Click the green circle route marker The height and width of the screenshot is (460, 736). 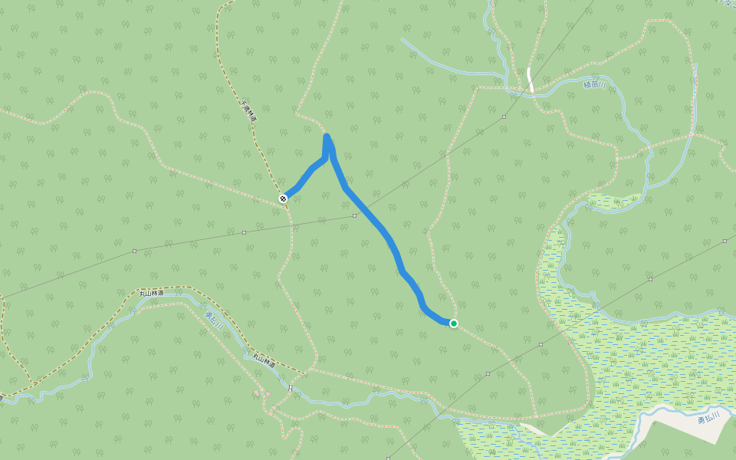coord(454,324)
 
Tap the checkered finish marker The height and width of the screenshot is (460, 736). coord(284,199)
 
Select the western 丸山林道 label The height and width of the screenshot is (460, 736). coord(152,292)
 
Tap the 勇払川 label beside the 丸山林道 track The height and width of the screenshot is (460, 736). coord(214,320)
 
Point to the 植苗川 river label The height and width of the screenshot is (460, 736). coord(594,84)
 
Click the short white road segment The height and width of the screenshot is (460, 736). coord(530,80)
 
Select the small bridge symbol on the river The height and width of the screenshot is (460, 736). coord(291,389)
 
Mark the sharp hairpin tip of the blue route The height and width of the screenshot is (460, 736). coord(327,137)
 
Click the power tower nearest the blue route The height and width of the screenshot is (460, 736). coord(354,216)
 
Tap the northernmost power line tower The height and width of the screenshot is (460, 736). coord(504,117)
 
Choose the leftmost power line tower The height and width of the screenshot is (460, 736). coord(134,251)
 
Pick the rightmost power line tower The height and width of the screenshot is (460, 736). coord(724,241)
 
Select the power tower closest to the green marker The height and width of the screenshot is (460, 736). coord(488,374)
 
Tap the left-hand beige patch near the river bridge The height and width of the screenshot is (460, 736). coord(256,393)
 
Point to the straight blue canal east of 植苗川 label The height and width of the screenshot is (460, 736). coord(695,100)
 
